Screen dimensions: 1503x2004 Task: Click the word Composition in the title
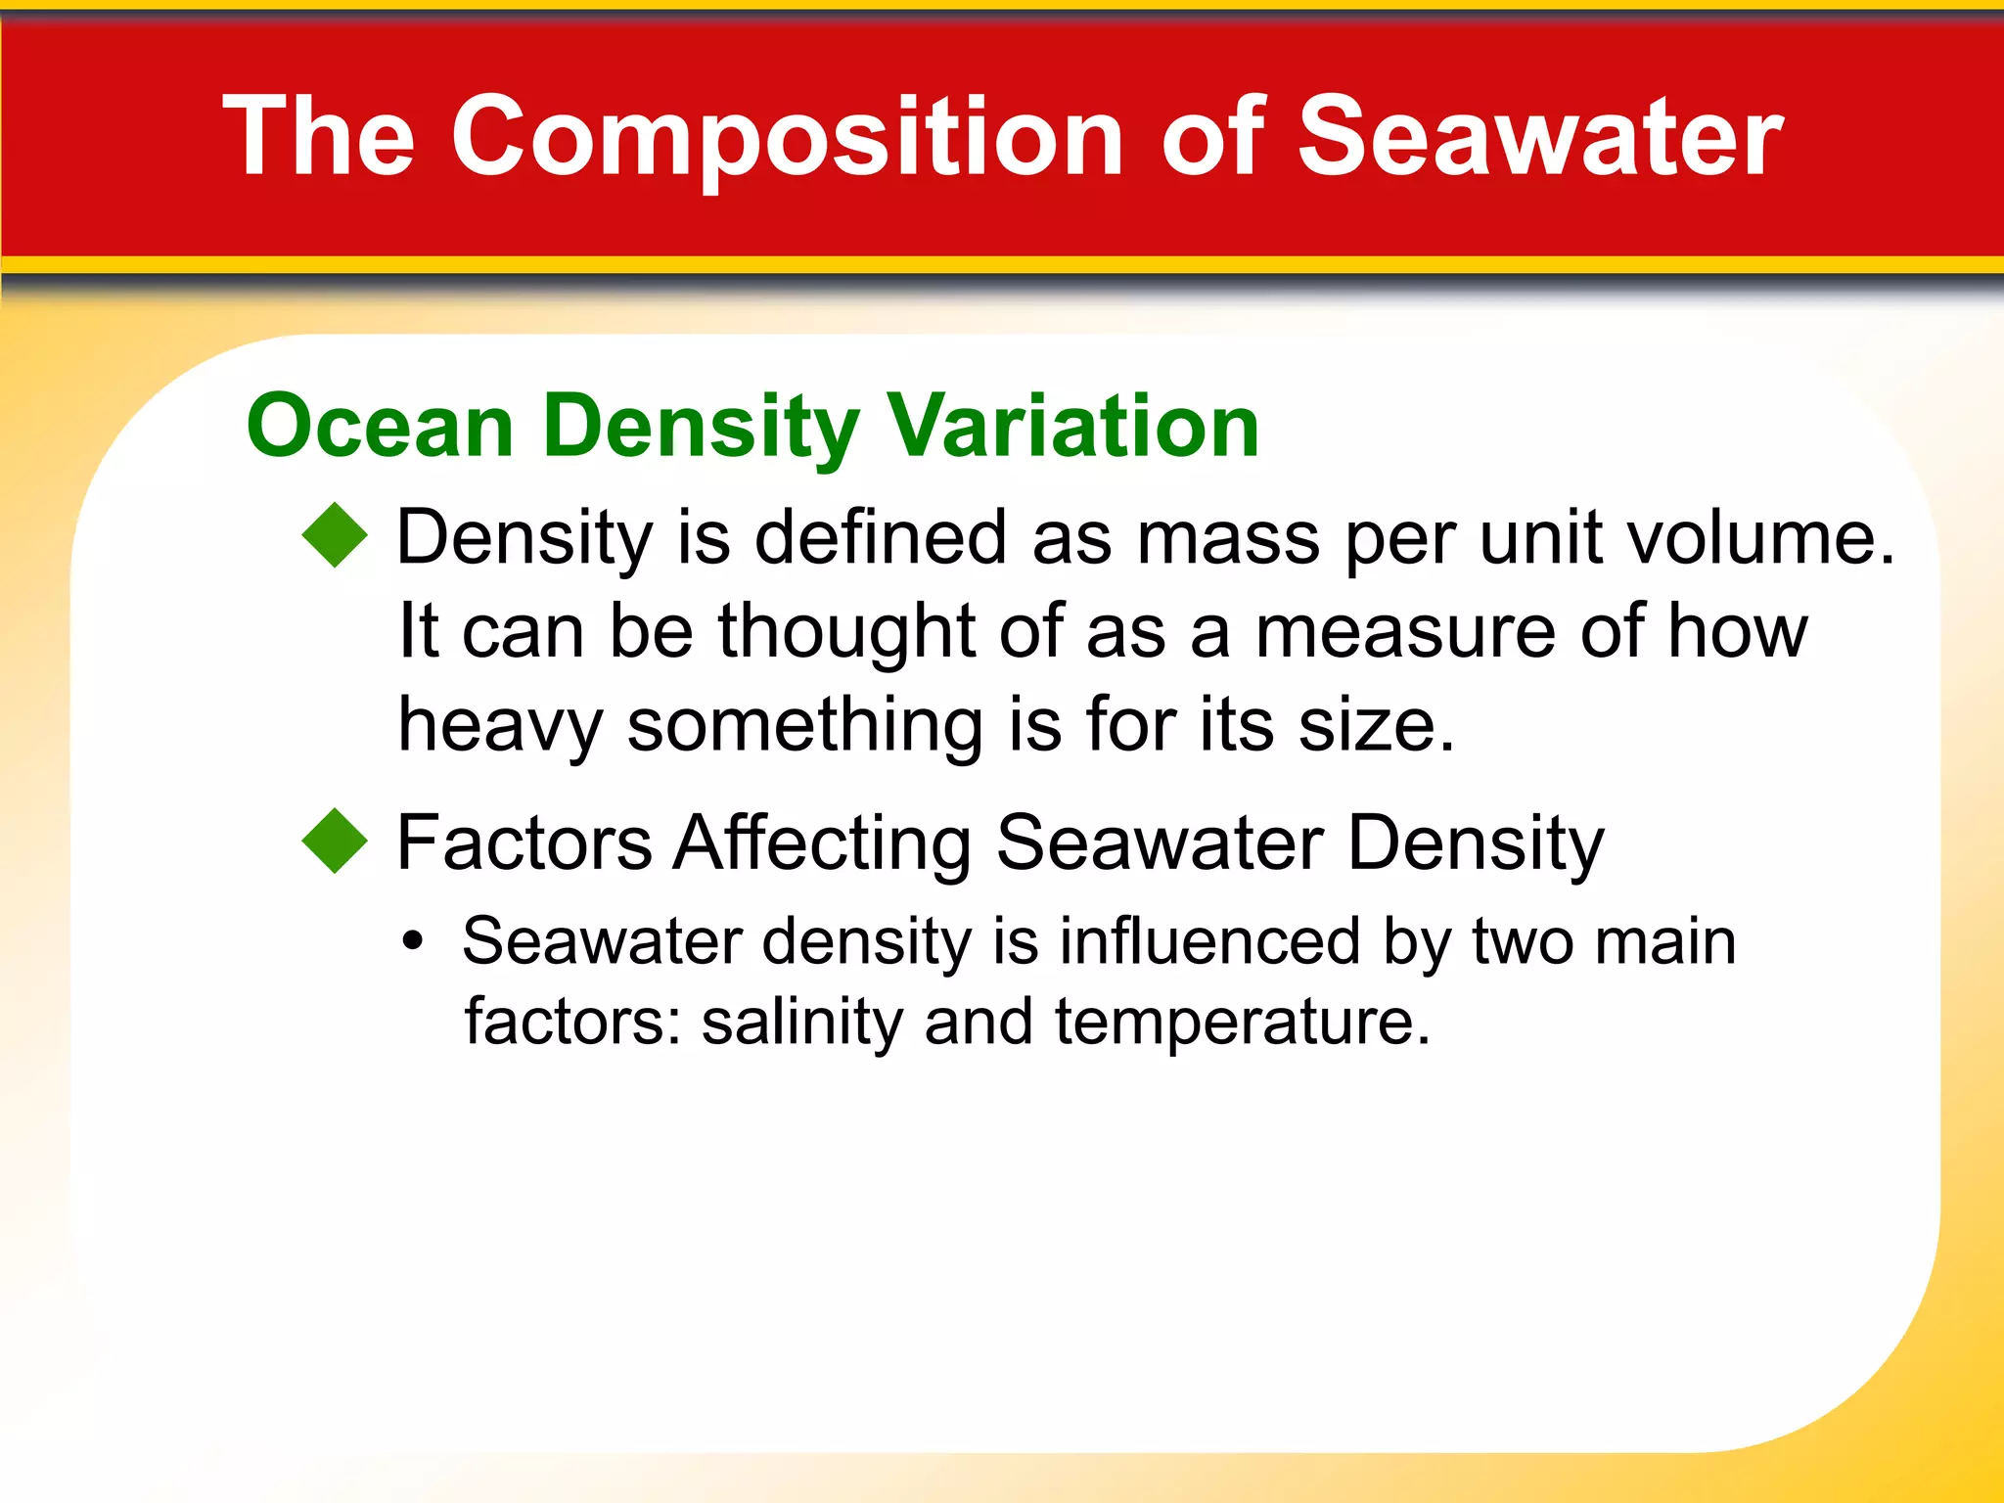click(788, 137)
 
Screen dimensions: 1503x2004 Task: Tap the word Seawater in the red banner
click(1539, 137)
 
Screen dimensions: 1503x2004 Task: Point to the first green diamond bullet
click(335, 535)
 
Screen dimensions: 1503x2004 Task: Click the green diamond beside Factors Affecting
click(335, 841)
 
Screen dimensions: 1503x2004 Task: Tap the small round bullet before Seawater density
click(413, 941)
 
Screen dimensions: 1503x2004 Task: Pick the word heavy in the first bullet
click(499, 726)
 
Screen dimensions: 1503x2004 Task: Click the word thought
click(846, 631)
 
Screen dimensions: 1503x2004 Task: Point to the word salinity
click(802, 1022)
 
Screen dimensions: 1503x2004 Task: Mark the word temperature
click(1241, 1024)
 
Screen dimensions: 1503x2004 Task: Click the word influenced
click(1209, 941)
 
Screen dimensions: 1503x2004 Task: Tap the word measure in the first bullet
click(1404, 631)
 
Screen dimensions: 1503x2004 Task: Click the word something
click(804, 726)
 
